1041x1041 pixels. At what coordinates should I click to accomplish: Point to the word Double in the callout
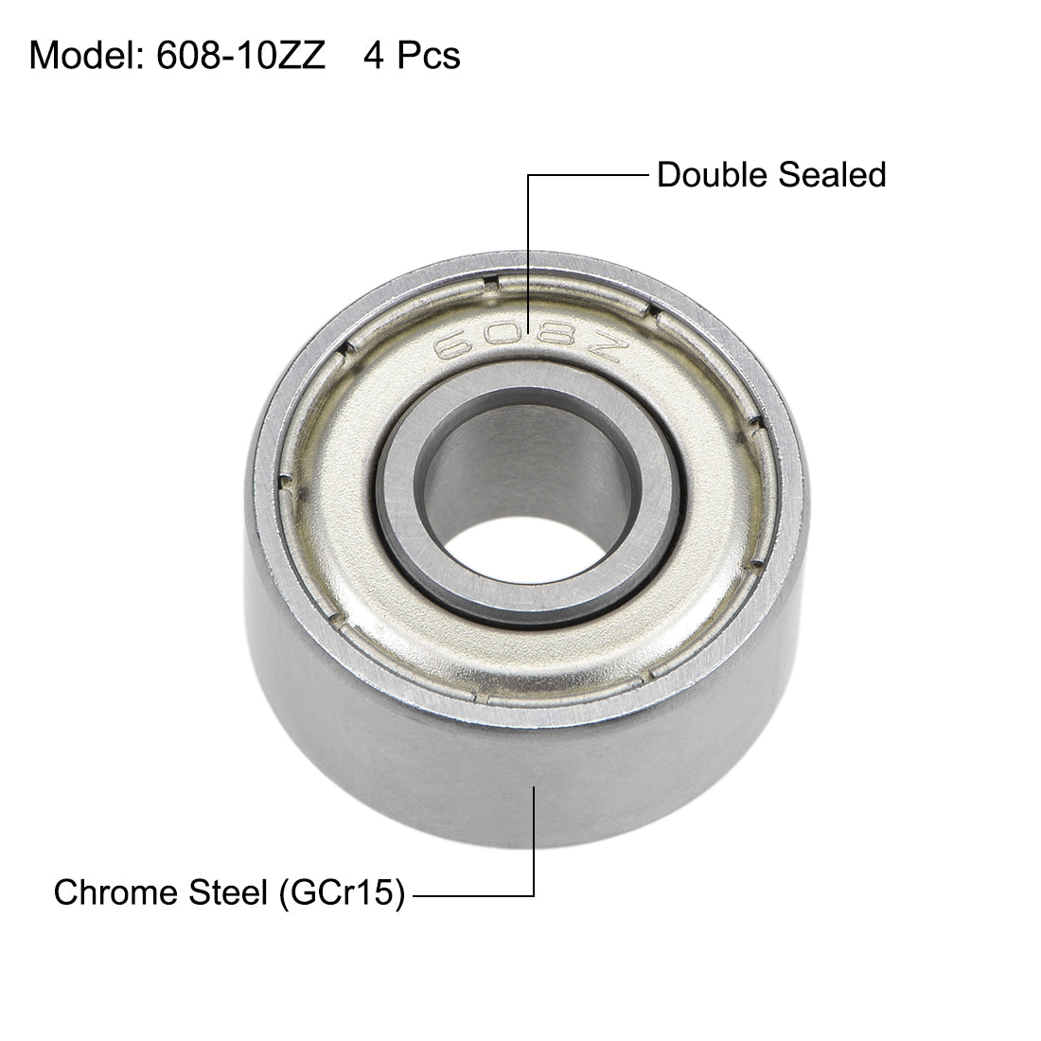point(713,175)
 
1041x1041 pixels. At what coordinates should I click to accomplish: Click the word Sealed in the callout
point(832,175)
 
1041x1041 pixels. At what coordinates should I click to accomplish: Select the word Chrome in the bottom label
point(112,892)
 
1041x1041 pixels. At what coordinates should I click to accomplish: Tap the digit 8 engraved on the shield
point(554,343)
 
